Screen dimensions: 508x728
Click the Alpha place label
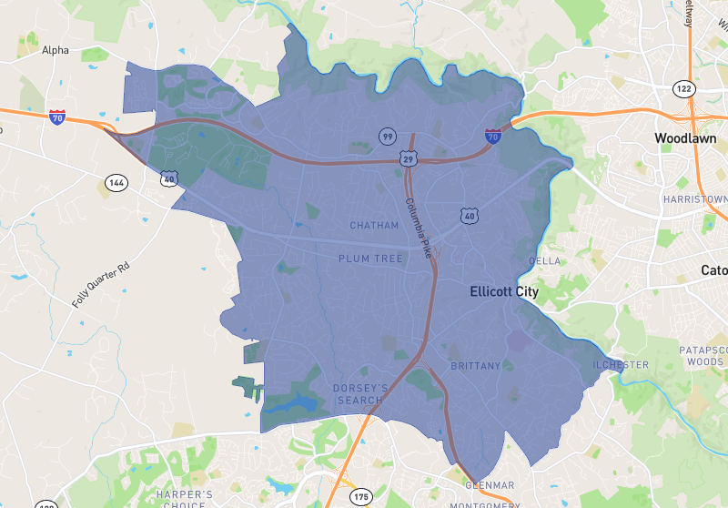click(x=56, y=50)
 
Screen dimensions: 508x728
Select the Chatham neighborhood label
click(x=374, y=226)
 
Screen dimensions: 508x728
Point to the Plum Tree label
click(x=370, y=259)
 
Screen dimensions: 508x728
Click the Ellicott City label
click(x=504, y=292)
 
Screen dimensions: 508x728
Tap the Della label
click(x=544, y=261)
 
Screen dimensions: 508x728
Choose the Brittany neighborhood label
click(x=475, y=366)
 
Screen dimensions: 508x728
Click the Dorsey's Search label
click(x=361, y=394)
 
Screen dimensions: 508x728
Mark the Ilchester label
click(x=621, y=365)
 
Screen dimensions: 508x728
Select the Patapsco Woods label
click(x=703, y=355)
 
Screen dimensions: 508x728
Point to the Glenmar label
click(x=490, y=485)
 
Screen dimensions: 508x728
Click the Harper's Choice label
click(x=185, y=499)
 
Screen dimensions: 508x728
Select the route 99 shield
click(x=388, y=137)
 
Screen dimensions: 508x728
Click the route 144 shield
click(x=116, y=182)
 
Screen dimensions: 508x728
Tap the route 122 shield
click(x=683, y=88)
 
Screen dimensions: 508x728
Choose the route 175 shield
click(x=362, y=497)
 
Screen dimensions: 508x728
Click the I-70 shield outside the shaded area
click(x=57, y=117)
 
